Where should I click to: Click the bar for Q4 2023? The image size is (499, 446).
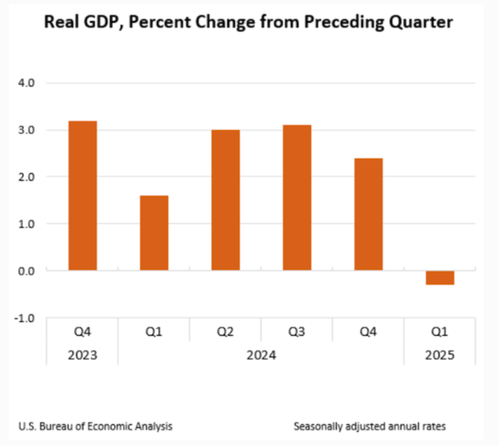[x=82, y=196]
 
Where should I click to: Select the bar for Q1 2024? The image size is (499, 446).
[x=153, y=233]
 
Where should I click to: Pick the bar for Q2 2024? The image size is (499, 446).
[x=225, y=200]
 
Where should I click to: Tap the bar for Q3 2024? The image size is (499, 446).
[x=297, y=197]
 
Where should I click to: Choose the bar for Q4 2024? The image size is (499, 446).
[x=368, y=214]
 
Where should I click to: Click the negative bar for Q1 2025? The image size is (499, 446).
[x=440, y=277]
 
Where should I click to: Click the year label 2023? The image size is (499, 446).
[x=82, y=355]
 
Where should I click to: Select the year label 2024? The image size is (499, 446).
[x=261, y=355]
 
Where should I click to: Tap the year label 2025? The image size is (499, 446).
[x=440, y=355]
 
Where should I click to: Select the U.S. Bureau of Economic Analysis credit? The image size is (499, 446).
[x=95, y=425]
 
